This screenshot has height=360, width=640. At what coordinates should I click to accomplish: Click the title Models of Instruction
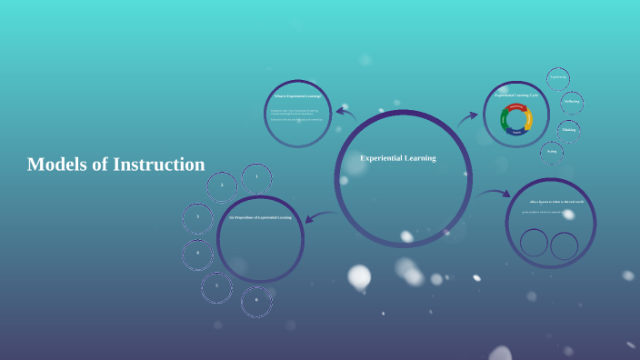116,165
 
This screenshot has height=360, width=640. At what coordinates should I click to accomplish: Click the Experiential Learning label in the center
398,158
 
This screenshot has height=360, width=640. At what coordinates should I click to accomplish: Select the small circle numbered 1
256,176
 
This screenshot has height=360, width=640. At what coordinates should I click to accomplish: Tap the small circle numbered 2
222,186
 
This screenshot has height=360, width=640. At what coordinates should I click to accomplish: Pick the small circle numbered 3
197,218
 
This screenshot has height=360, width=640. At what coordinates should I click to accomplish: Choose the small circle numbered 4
197,255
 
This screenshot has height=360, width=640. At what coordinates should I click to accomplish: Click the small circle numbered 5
216,286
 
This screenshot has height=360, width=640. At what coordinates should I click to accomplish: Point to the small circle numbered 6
256,300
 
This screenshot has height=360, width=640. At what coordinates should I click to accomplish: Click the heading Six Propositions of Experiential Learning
261,218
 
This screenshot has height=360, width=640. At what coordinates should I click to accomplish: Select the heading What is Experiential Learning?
297,95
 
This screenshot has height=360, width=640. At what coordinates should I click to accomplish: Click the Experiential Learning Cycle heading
515,95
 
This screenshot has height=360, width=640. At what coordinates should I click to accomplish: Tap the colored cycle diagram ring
515,119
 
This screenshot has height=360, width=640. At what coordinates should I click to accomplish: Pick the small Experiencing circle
558,78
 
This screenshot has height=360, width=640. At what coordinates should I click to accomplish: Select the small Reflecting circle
572,102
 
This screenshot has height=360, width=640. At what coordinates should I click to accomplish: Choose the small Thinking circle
569,130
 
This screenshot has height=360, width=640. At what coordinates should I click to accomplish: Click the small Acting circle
552,152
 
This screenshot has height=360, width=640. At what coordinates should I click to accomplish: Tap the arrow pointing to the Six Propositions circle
320,215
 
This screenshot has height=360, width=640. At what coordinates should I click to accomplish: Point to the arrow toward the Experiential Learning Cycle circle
468,117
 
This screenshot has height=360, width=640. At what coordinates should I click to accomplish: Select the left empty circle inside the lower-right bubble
535,243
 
